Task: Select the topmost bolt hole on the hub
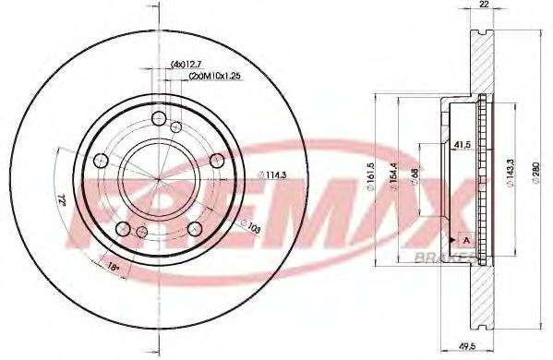(158, 117)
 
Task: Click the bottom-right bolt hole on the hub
(195, 229)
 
